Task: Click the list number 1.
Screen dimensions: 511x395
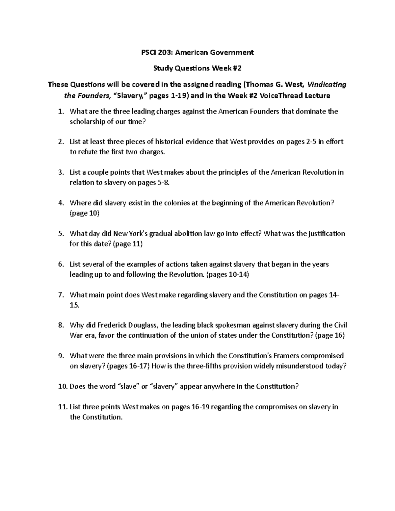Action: coord(60,112)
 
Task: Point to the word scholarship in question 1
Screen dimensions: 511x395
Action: coord(87,122)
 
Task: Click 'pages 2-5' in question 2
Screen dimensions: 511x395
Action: coord(302,142)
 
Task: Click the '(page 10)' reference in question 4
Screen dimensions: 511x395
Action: coord(84,213)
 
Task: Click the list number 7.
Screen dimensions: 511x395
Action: coord(60,295)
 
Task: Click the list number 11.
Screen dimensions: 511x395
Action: coord(62,407)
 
